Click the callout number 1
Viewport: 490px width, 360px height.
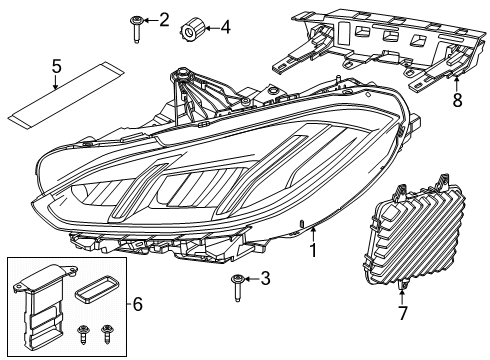point(313,250)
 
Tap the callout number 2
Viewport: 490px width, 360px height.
point(164,20)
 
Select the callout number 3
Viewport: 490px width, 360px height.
point(265,278)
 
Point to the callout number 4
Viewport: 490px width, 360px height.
point(226,27)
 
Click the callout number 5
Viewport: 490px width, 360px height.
point(57,66)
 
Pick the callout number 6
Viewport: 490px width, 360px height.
point(138,304)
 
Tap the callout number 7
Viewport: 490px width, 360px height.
point(403,313)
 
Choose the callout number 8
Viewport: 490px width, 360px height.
point(457,100)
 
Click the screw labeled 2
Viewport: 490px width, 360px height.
point(136,29)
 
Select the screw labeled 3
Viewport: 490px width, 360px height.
point(238,288)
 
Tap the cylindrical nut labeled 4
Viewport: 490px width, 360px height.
point(193,29)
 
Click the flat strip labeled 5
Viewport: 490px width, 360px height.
point(66,95)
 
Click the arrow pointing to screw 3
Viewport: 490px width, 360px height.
point(252,278)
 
